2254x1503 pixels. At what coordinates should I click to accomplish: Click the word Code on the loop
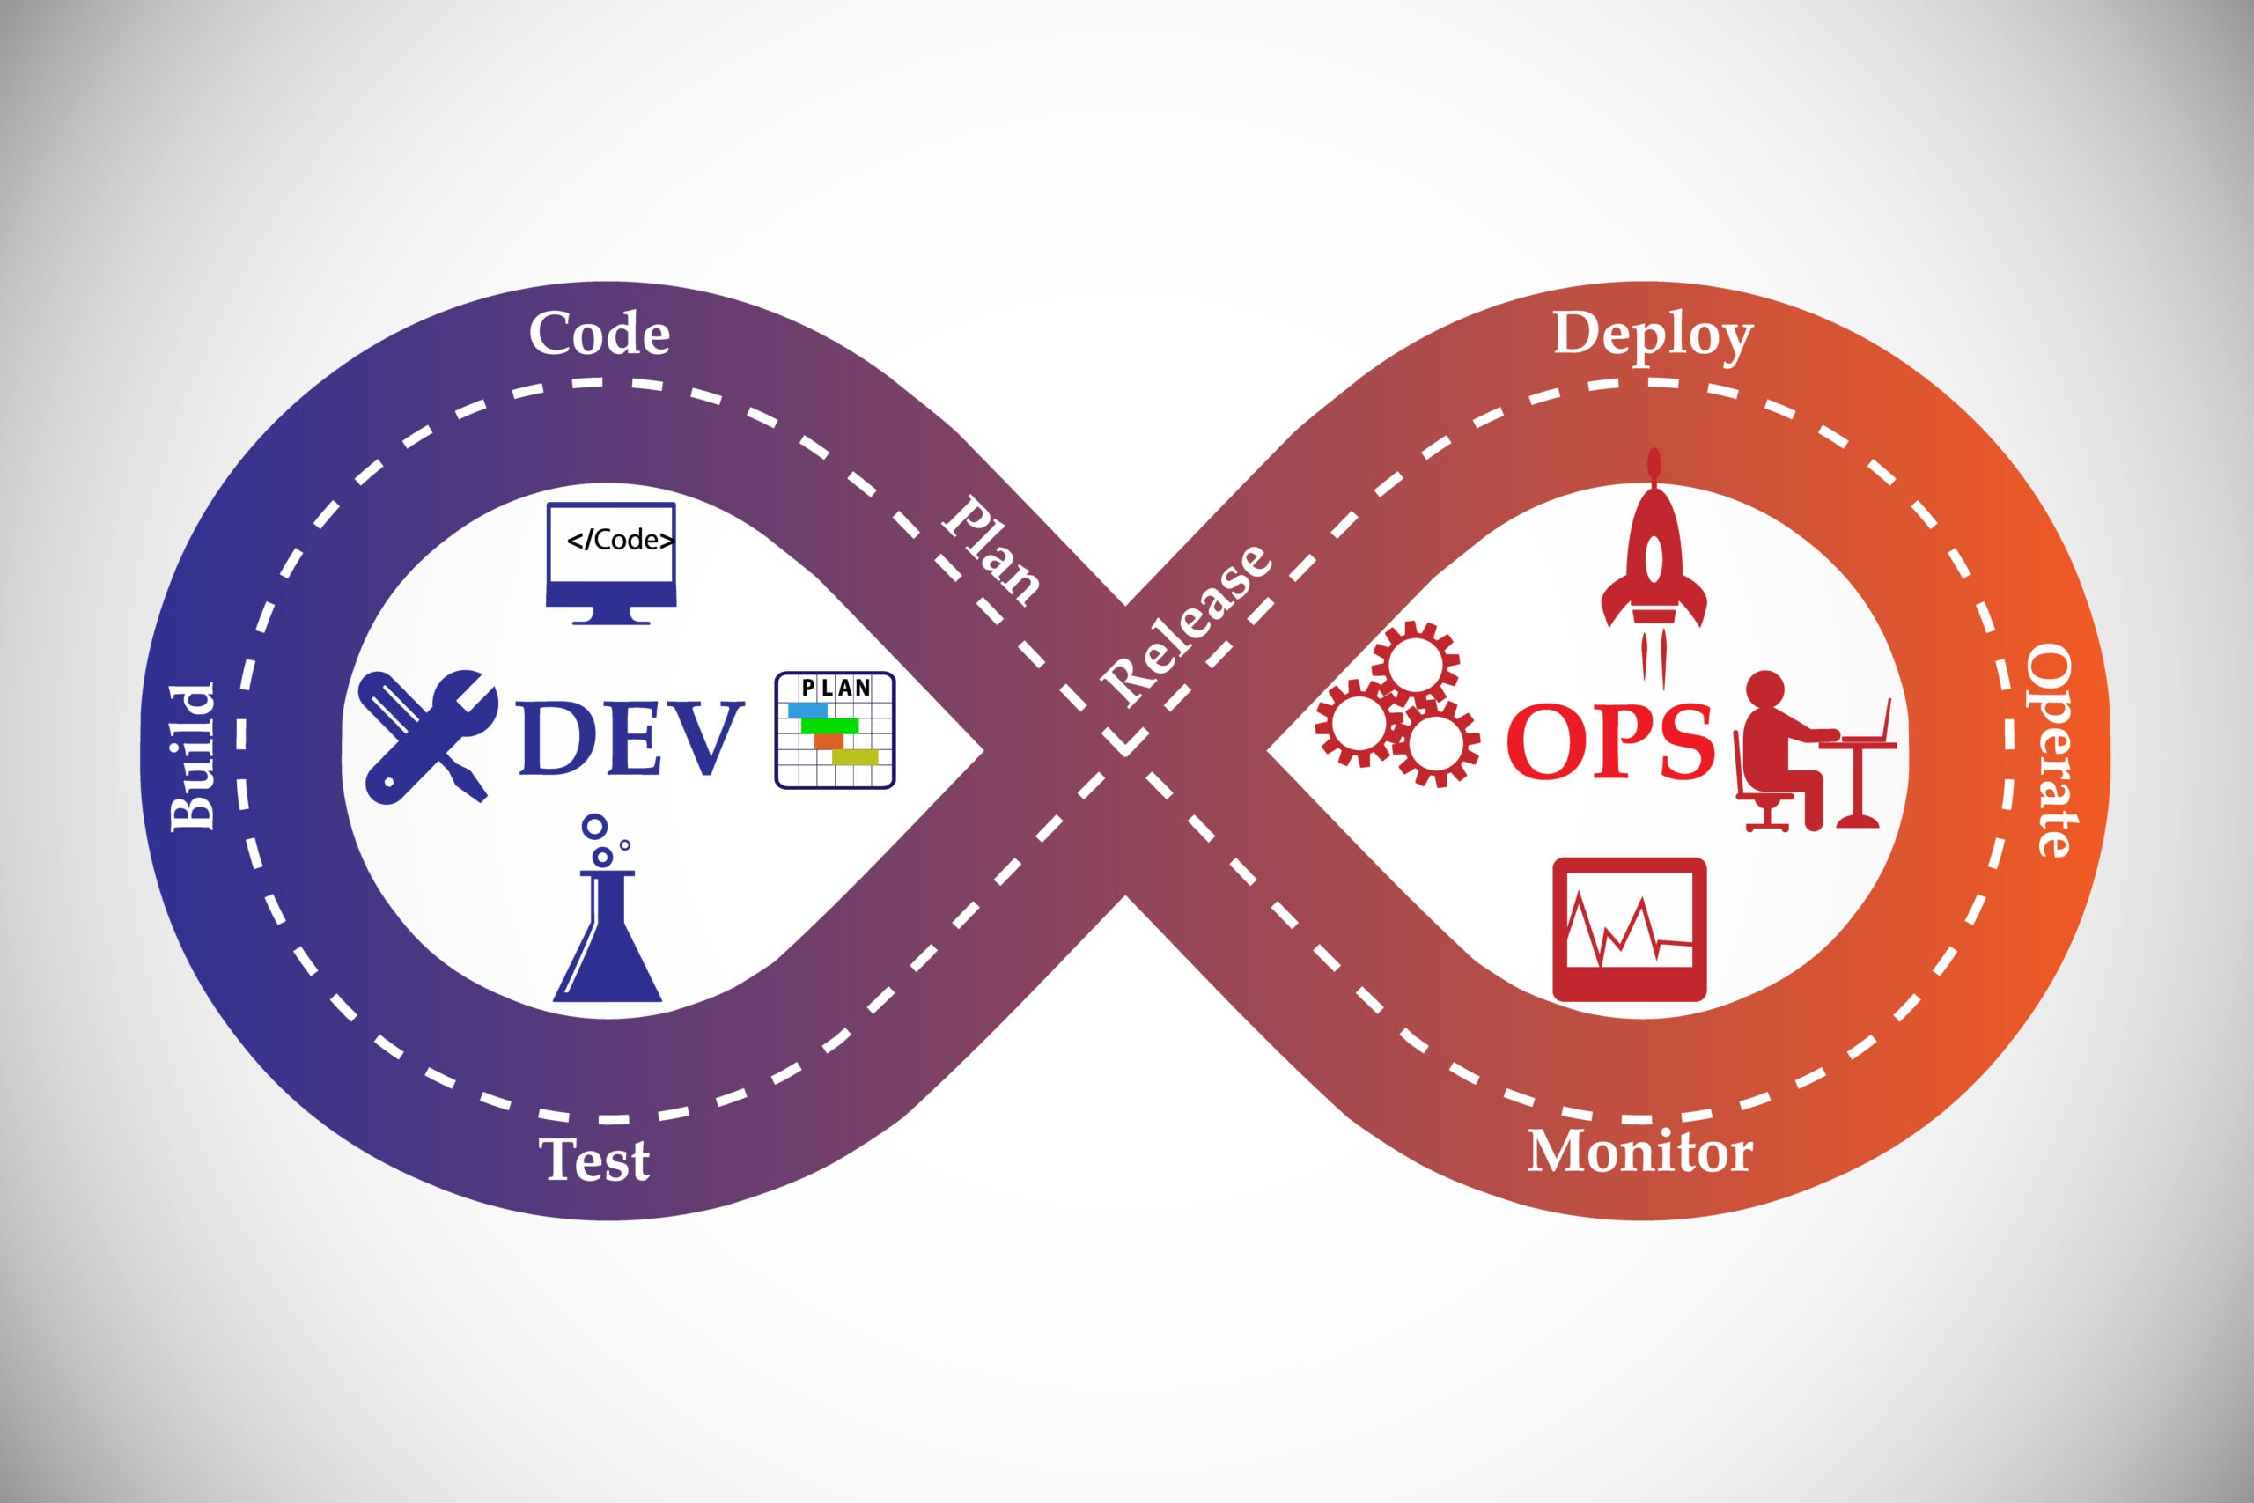tap(599, 334)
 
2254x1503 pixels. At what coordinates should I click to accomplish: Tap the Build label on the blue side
tap(192, 756)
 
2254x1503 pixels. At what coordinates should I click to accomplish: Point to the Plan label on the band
tap(991, 550)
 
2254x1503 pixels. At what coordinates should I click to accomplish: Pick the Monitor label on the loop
tap(1639, 1151)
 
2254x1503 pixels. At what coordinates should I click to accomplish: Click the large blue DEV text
tap(631, 737)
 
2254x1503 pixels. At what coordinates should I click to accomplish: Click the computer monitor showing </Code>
tap(611, 563)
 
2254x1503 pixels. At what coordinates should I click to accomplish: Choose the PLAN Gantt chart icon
tap(835, 731)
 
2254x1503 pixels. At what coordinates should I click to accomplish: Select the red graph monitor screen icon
tap(1629, 930)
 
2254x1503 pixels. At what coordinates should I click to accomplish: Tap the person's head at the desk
tap(1764, 693)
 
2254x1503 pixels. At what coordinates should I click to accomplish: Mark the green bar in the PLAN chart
tap(830, 726)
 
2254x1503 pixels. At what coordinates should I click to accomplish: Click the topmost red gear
tap(1416, 664)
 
